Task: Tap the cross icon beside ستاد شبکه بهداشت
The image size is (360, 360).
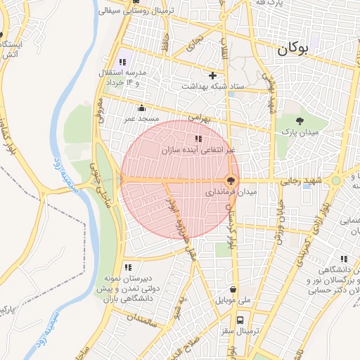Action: tap(213, 75)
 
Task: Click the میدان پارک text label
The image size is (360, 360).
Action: tap(300, 132)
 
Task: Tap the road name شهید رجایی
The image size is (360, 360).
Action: tap(301, 181)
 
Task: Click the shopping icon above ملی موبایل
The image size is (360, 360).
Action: tap(233, 289)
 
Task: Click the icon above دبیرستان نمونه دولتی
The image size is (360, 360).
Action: tap(128, 266)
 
